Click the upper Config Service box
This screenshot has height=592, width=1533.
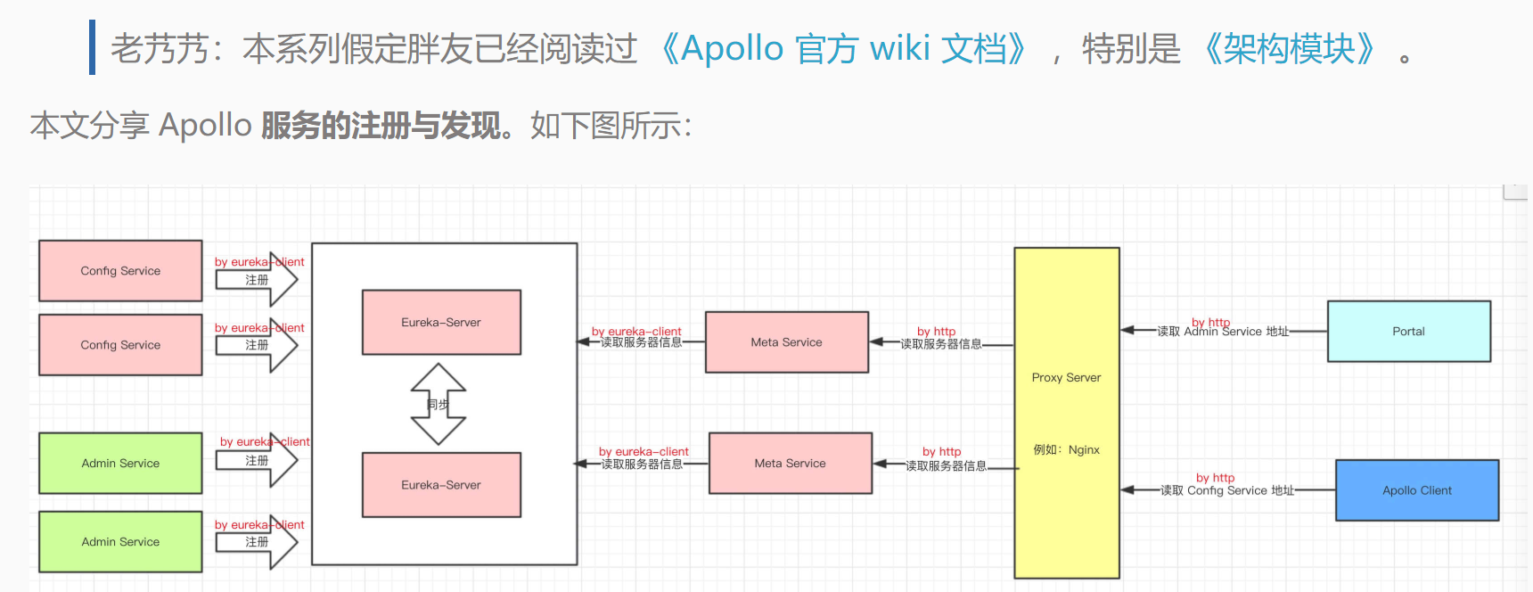(120, 270)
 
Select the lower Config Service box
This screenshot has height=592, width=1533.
(120, 344)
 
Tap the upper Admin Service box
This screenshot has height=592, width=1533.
(120, 463)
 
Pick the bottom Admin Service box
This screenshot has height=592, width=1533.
(120, 541)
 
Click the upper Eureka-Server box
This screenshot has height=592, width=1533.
(441, 322)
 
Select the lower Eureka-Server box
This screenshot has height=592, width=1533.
(441, 484)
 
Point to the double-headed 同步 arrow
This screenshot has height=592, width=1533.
(438, 404)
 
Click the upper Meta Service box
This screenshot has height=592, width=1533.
(786, 341)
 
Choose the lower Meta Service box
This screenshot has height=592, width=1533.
(790, 463)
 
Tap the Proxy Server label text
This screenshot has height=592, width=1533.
(1066, 377)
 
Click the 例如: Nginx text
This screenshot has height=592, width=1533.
(1066, 449)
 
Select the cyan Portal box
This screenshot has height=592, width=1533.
(1408, 331)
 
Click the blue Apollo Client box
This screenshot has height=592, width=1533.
(1416, 489)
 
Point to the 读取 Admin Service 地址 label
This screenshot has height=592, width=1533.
(1223, 332)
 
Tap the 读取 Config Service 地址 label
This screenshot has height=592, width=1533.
(1226, 490)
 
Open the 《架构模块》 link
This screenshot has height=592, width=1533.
(1289, 48)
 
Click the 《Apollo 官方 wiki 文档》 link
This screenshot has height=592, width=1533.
(843, 48)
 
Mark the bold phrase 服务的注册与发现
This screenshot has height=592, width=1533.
(381, 126)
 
